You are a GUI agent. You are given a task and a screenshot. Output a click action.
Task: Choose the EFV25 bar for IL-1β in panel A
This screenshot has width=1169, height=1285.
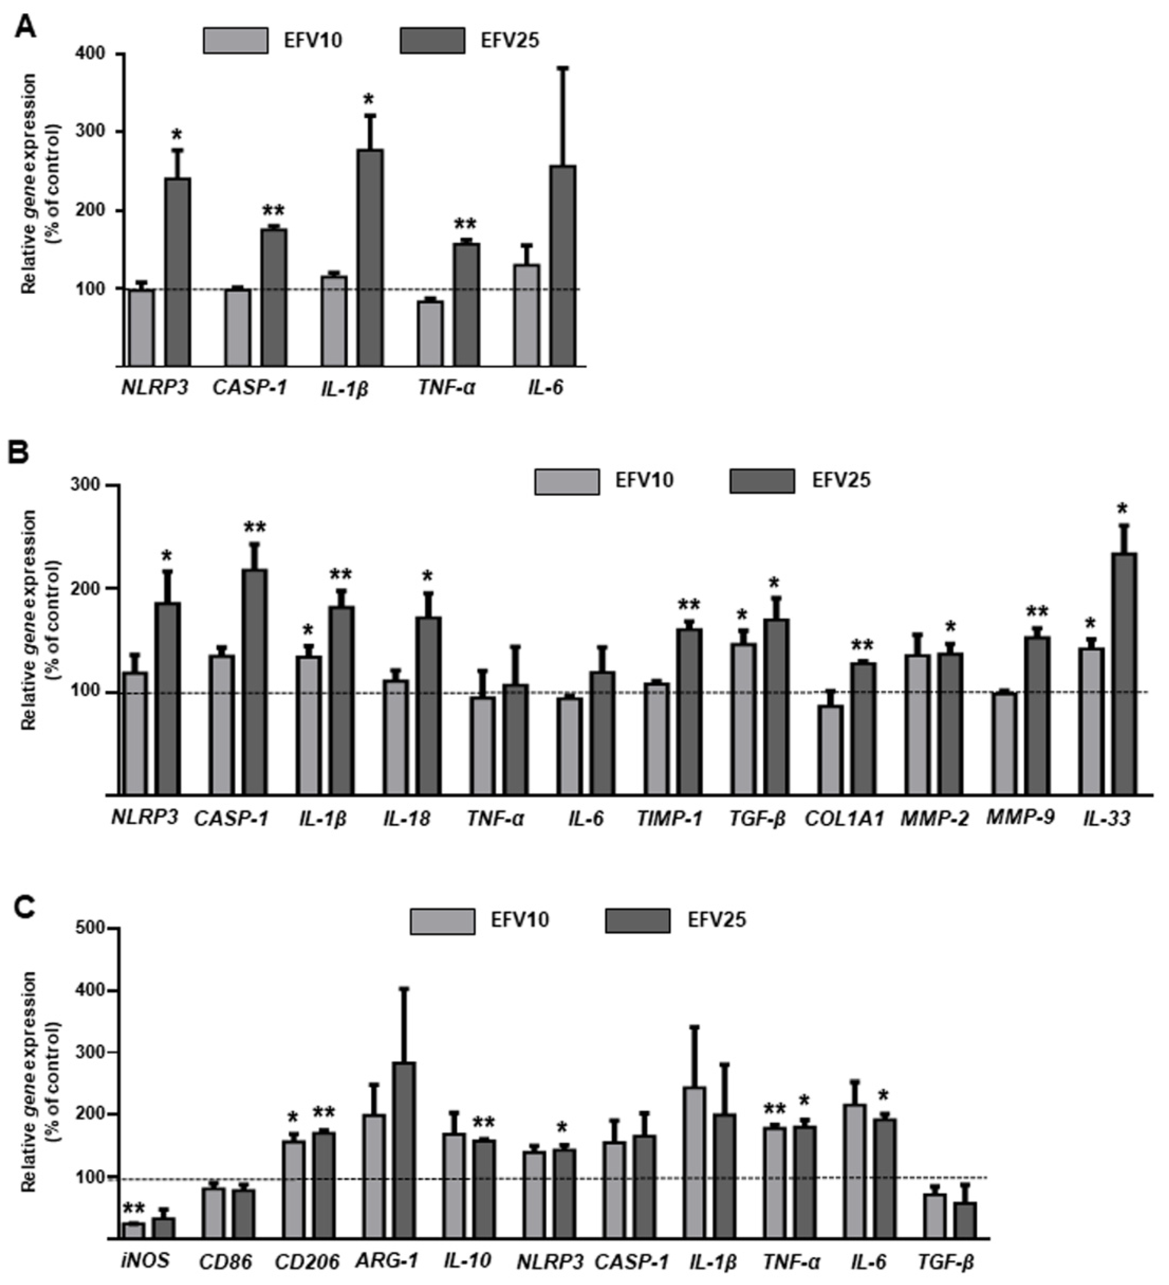point(370,258)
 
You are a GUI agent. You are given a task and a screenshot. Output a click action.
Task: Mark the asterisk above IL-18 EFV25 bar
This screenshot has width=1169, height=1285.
point(427,577)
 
